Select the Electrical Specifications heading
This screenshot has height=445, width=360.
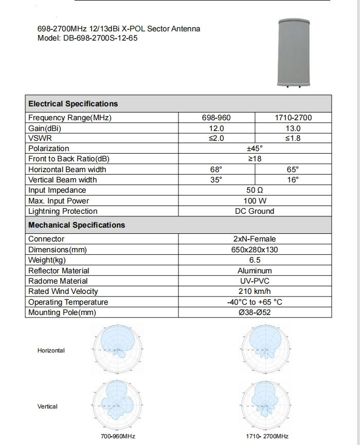[73, 104]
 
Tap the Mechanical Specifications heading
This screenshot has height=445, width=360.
[77, 225]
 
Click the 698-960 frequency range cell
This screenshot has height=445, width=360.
[217, 118]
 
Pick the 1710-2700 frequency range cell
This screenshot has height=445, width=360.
[294, 118]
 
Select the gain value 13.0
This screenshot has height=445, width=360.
[294, 128]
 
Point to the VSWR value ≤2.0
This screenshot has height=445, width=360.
[217, 138]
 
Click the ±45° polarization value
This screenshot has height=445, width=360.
[255, 149]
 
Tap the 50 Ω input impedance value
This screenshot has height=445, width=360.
[255, 190]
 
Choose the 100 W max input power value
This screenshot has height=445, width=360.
[255, 201]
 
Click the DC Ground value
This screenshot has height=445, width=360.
[255, 211]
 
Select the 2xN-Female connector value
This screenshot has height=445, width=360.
[255, 239]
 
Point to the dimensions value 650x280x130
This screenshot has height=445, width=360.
[255, 250]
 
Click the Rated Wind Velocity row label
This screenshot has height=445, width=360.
[63, 291]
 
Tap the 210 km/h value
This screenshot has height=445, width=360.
[255, 291]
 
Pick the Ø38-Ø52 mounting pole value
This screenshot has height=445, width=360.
[255, 312]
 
